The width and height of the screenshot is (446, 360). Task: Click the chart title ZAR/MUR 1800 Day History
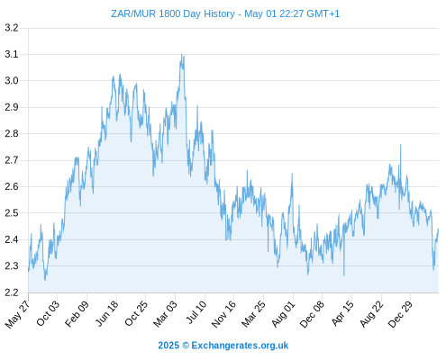point(173,13)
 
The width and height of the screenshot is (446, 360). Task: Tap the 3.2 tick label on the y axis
point(12,28)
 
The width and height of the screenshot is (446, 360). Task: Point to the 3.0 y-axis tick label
point(12,81)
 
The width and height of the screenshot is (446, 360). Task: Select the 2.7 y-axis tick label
point(12,160)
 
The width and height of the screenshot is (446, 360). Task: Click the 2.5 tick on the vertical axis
point(12,213)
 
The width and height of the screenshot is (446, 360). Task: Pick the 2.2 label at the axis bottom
point(12,292)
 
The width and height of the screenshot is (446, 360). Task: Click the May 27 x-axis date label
point(17,314)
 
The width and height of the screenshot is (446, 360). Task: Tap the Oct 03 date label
point(48,313)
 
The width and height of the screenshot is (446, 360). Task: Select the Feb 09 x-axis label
point(77,313)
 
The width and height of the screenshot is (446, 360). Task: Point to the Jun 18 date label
point(107,313)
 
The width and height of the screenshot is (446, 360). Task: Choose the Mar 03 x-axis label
point(166,314)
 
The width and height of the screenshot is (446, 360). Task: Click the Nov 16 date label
point(224,314)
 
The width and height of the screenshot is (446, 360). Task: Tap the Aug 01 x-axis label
point(284,314)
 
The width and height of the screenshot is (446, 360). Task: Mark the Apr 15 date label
point(342,313)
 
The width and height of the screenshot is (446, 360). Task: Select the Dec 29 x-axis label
point(400,314)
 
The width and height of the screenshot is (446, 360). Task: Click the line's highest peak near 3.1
point(181,55)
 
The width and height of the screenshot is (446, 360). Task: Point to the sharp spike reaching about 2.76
point(400,145)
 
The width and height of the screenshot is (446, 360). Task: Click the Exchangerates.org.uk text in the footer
point(240,346)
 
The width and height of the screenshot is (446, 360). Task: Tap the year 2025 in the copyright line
point(168,346)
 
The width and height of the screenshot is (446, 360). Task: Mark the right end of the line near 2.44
point(438,229)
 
